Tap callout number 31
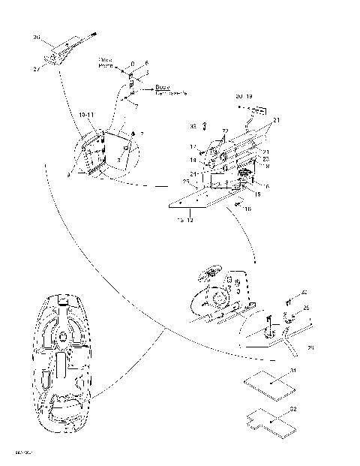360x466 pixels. (x=292, y=371)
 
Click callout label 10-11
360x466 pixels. (x=86, y=114)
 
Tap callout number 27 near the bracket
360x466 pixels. (x=38, y=68)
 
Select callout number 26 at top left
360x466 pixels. (x=37, y=36)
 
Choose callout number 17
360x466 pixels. (x=193, y=147)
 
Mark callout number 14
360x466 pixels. (x=193, y=161)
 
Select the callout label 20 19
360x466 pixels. (x=244, y=97)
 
